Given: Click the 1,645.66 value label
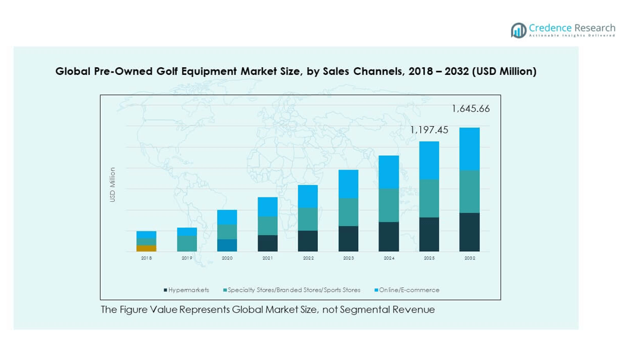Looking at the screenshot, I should coord(470,108).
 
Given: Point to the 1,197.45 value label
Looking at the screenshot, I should coord(429,129).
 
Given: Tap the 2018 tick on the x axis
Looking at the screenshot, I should coord(146,258).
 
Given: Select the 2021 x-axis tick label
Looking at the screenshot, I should coord(267,258).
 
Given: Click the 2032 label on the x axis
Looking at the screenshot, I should coord(470,258).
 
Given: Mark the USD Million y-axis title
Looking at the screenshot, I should coord(112,184).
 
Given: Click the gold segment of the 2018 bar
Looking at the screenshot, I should coord(146,248).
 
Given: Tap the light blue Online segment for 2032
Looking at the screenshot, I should coord(470,149).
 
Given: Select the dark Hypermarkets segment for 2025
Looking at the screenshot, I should coord(429,234).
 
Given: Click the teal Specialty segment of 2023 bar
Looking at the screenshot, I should coord(348,212).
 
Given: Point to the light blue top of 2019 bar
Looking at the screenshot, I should coord(187,231).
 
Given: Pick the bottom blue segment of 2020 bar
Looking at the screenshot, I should coord(227,245).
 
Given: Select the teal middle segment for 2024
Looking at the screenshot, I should coord(389,205).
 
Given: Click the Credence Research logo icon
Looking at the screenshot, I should coord(518,30).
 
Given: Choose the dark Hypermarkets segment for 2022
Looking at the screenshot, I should coord(308,241).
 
